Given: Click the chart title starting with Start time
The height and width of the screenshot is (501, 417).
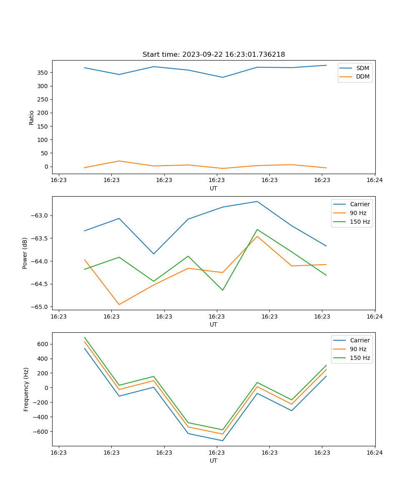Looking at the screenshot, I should point(214,55).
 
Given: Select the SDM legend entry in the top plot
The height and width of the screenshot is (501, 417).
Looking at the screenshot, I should point(362,68).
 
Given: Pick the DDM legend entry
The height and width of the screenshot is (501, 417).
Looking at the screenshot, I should point(362,77).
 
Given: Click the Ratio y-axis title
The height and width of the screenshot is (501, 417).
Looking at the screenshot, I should point(32,117).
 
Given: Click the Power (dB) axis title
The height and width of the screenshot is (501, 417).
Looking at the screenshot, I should point(25,253).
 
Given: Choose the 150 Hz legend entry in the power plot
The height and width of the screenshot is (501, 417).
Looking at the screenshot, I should point(359,222).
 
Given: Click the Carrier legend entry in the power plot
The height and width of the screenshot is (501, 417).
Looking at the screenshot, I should point(359,205).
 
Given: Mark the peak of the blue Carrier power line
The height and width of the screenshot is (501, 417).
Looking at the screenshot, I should point(257,202).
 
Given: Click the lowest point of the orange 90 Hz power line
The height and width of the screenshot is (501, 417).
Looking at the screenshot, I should point(119,304).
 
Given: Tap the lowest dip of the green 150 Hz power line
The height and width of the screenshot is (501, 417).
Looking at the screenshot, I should point(223,290).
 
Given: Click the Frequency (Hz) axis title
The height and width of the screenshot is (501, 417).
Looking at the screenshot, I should point(26,389).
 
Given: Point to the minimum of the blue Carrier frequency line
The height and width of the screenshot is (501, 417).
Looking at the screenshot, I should point(223,440).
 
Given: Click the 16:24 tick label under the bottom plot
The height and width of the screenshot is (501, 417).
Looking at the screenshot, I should point(374,452).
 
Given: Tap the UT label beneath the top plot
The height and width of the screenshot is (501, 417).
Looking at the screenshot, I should point(214,189).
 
